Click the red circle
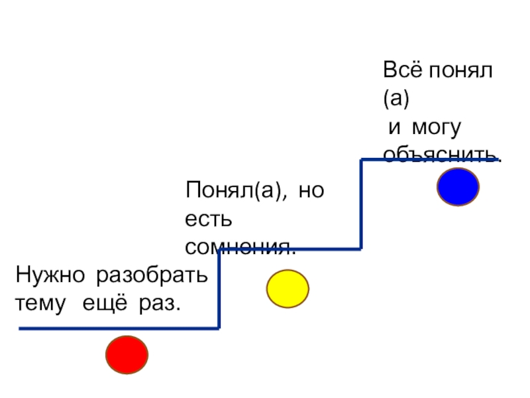coord(127,356)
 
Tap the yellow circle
coord(288,289)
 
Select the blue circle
coord(458,186)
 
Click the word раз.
coord(160,304)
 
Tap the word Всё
coord(401,70)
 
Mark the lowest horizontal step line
coord(119,328)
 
